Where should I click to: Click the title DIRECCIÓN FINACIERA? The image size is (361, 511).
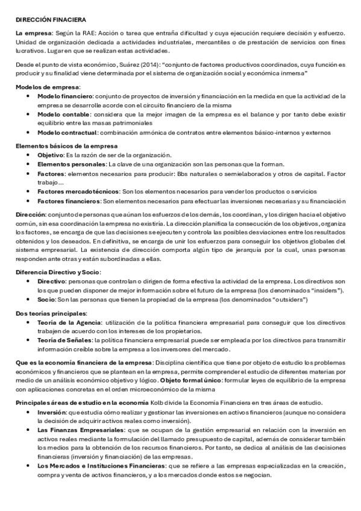[51, 20]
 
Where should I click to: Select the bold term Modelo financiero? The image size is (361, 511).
[64, 96]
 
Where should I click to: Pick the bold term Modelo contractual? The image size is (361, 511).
[67, 132]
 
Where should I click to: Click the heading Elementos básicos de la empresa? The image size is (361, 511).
[66, 146]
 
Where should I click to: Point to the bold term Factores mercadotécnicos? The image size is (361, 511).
[75, 191]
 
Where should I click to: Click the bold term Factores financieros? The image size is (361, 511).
[69, 201]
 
